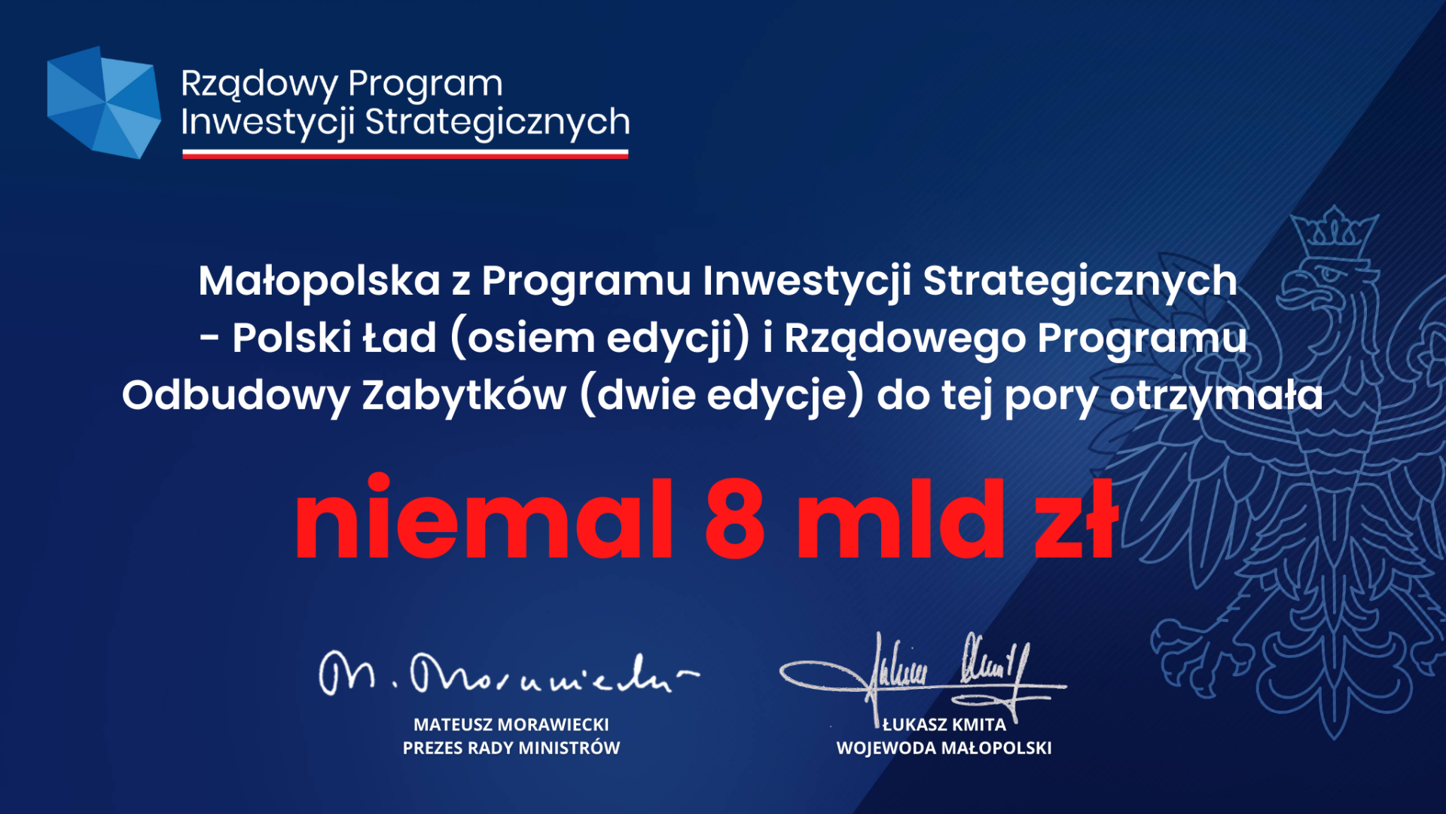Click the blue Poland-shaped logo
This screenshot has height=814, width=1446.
pos(104,103)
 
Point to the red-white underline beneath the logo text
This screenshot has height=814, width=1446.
pos(405,154)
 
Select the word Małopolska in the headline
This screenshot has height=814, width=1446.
pos(319,280)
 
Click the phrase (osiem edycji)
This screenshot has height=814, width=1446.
pos(600,338)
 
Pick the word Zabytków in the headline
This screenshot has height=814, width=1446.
pos(464,395)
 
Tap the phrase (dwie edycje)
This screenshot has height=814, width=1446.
pos(722,395)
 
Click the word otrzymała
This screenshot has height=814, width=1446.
pos(1216,396)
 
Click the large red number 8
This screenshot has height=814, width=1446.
pos(735,519)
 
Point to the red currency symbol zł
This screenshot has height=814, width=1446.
pos(1078,519)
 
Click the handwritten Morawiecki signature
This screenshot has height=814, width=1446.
pos(509,674)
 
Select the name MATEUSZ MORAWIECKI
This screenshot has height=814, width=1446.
pos(511,724)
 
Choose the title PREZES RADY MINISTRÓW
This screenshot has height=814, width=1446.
pos(511,748)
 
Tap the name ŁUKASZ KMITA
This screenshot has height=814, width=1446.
pos(944,724)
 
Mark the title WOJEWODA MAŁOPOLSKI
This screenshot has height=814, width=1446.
pos(944,748)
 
